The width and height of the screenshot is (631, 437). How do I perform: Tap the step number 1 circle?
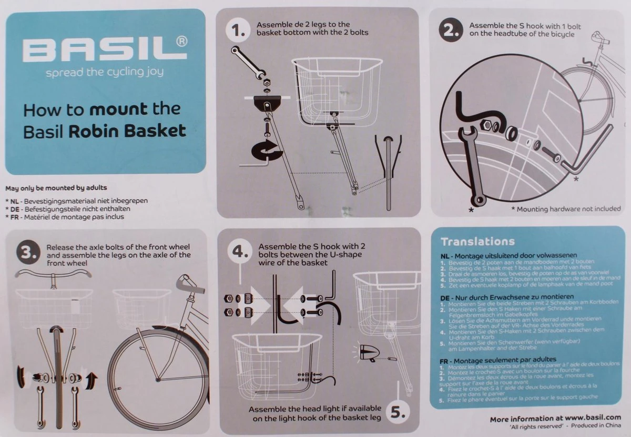point(239,32)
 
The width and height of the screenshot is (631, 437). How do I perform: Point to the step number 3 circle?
point(27,254)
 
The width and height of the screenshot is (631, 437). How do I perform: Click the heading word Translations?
point(477,242)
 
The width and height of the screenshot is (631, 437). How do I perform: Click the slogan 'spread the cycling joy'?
point(105,73)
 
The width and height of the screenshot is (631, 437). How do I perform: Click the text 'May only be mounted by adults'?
point(56,188)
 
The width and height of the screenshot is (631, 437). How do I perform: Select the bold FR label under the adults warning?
point(14,217)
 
